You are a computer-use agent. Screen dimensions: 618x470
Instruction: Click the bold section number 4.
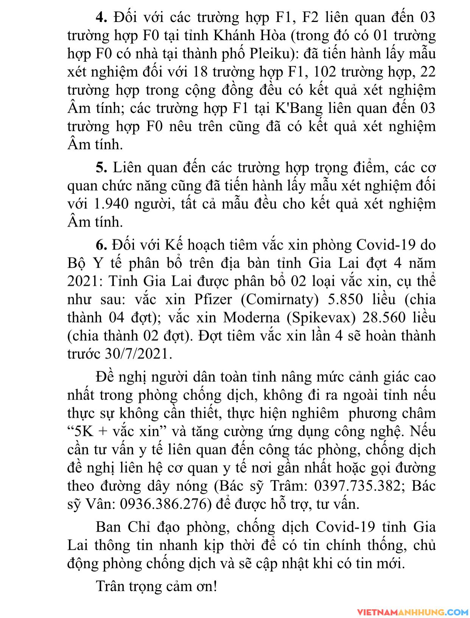tap(101, 17)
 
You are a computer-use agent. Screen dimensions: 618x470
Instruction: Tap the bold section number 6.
tap(101, 245)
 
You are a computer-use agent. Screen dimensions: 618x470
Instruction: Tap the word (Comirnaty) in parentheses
tap(280, 300)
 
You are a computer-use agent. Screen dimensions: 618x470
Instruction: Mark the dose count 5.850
tap(344, 300)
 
